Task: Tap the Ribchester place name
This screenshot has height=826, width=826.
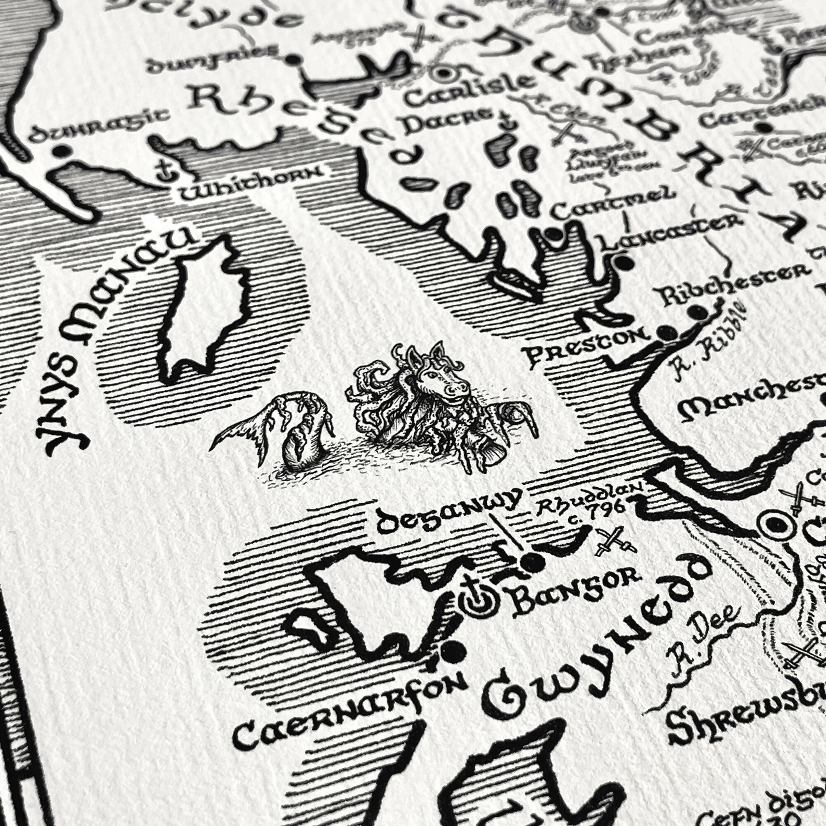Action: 731,282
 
